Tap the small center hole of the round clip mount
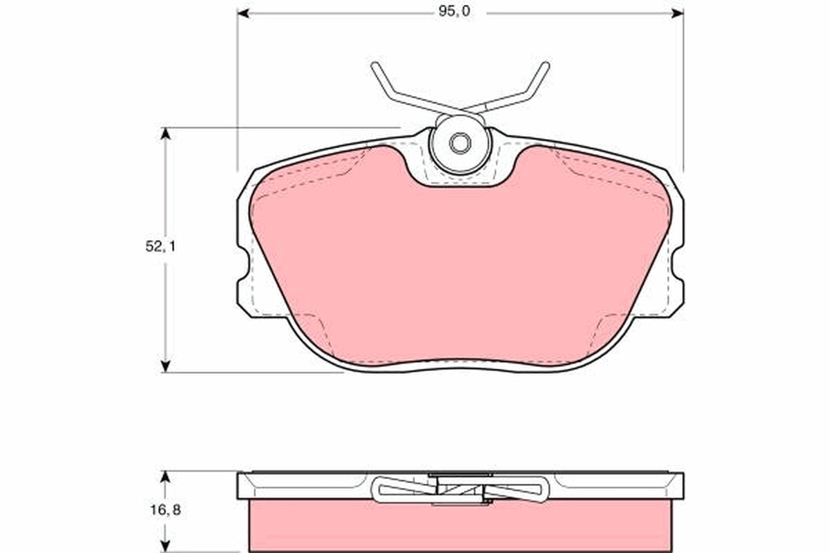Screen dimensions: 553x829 click(x=459, y=144)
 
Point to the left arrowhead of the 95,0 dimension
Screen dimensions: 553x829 click(x=242, y=12)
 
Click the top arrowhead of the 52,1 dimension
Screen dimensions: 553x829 click(x=165, y=133)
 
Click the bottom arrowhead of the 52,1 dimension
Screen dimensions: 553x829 click(x=165, y=366)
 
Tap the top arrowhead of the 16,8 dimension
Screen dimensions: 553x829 click(x=165, y=476)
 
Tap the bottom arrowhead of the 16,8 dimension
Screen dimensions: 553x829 click(x=165, y=546)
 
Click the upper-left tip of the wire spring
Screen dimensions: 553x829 click(x=374, y=66)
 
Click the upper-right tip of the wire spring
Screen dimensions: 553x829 click(x=546, y=65)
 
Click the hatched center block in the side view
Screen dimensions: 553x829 click(x=459, y=490)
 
